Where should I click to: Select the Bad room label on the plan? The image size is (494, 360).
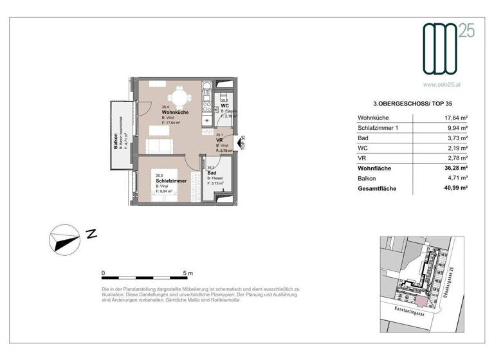[212, 173]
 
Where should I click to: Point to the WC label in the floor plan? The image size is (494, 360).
[226, 107]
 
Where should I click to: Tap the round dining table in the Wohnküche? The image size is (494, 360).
[182, 98]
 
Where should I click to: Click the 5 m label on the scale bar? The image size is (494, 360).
[188, 273]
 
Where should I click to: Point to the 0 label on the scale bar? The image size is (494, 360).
[104, 273]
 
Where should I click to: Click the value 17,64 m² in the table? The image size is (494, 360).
[456, 118]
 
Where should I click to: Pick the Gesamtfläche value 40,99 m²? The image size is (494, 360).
[455, 188]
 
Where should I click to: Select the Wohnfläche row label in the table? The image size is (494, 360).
[375, 168]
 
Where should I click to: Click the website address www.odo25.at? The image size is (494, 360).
[444, 84]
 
